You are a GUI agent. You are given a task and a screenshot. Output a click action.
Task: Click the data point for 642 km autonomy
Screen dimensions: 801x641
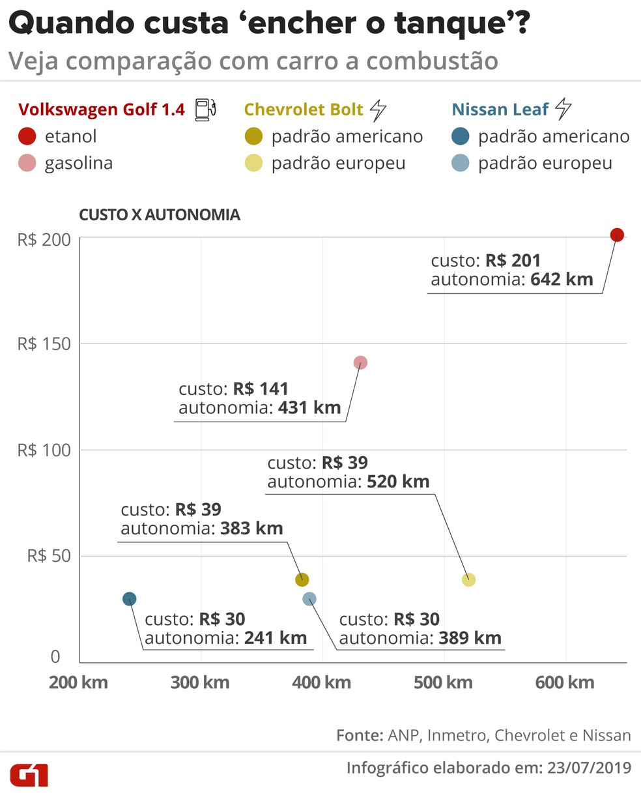[617, 235]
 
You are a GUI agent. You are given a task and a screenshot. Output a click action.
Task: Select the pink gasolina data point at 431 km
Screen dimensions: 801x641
[360, 362]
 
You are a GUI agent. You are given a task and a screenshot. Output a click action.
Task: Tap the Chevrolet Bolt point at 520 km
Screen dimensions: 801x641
[468, 579]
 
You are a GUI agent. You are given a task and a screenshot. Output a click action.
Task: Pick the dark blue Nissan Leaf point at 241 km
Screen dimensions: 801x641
[130, 599]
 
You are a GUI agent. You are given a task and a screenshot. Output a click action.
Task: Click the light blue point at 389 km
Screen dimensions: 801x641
[309, 599]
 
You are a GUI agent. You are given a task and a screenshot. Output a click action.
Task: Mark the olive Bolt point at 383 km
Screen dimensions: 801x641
[302, 579]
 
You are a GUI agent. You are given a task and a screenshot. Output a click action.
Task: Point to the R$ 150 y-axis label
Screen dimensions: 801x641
[44, 344]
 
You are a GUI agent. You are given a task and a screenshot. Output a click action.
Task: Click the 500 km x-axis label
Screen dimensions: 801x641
[443, 683]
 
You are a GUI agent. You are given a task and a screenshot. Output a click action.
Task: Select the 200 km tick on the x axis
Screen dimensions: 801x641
[78, 683]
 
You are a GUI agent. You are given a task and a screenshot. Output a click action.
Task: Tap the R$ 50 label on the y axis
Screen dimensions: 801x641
[48, 556]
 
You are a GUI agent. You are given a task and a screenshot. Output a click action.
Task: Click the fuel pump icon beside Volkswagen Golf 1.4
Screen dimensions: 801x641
[205, 109]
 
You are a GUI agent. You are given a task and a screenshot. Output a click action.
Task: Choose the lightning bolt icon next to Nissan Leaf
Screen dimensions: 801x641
[563, 109]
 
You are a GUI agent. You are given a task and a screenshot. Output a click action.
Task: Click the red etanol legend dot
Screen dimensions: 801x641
[27, 137]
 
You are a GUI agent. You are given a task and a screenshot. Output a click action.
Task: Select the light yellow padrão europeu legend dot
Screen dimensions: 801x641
[253, 163]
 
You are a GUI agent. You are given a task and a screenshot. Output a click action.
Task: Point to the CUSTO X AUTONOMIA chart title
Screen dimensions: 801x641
[160, 215]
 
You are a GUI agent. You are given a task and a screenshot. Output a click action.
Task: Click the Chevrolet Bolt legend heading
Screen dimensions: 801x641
[304, 109]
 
